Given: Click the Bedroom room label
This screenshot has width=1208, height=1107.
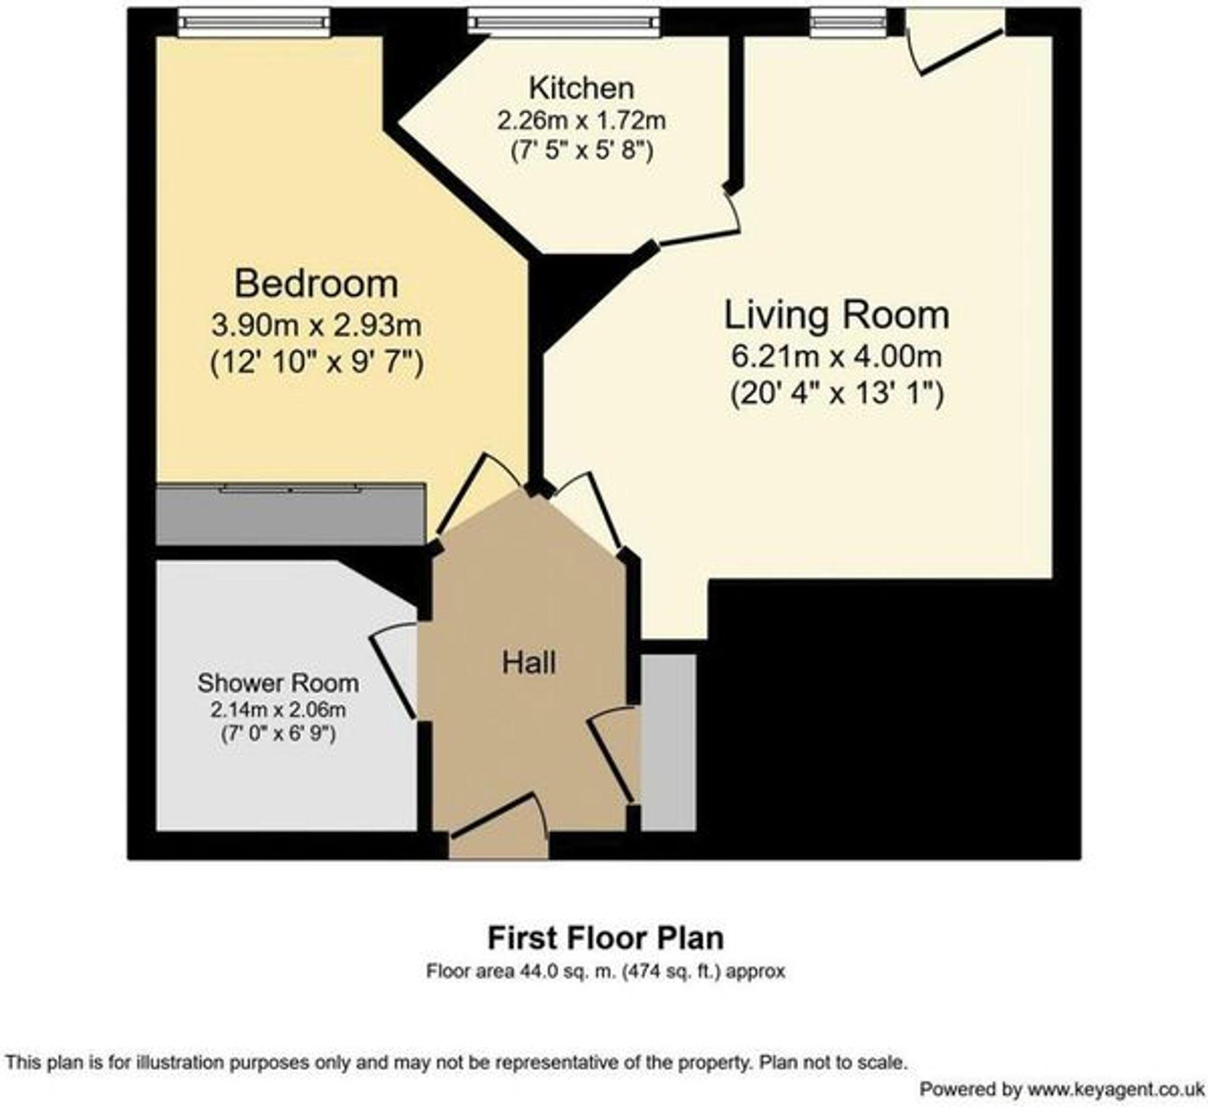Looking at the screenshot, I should tap(316, 284).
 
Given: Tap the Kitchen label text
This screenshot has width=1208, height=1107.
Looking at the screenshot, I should tap(582, 89).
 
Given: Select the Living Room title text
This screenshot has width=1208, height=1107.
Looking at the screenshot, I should tap(837, 315).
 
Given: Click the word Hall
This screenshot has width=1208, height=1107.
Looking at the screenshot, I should tap(528, 663).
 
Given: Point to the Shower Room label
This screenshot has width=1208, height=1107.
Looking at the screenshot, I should tap(278, 683).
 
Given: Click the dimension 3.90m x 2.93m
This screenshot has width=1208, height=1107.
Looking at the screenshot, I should tap(316, 326).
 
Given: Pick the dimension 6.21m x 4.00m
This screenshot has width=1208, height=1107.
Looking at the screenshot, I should tap(837, 356).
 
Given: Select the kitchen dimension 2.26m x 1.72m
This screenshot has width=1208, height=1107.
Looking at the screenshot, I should tap(582, 121).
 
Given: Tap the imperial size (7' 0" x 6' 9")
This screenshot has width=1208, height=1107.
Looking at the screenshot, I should tap(278, 734).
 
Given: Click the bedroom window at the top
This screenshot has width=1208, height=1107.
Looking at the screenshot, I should tap(254, 23).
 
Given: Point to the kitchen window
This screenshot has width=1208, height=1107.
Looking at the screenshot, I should tap(564, 23).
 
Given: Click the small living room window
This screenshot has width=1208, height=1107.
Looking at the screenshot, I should tap(848, 23).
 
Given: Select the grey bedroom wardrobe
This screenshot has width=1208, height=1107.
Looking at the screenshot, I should tap(290, 515).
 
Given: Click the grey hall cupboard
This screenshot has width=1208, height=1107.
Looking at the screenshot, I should tap(668, 742).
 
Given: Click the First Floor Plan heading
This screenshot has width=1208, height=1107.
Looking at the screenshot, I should tap(605, 939).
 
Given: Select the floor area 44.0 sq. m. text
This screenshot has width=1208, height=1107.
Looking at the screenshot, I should tap(605, 972).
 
